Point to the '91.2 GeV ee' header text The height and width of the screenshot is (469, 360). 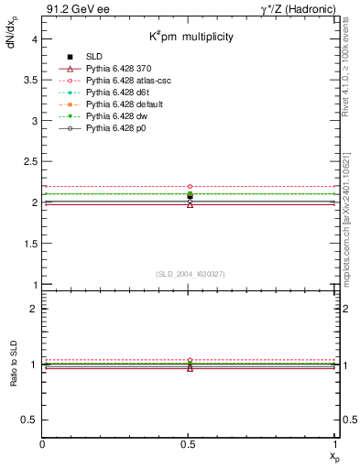tap(70, 9)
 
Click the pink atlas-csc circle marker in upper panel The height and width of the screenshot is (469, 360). tap(190, 186)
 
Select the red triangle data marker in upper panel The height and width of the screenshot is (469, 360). tap(190, 204)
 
